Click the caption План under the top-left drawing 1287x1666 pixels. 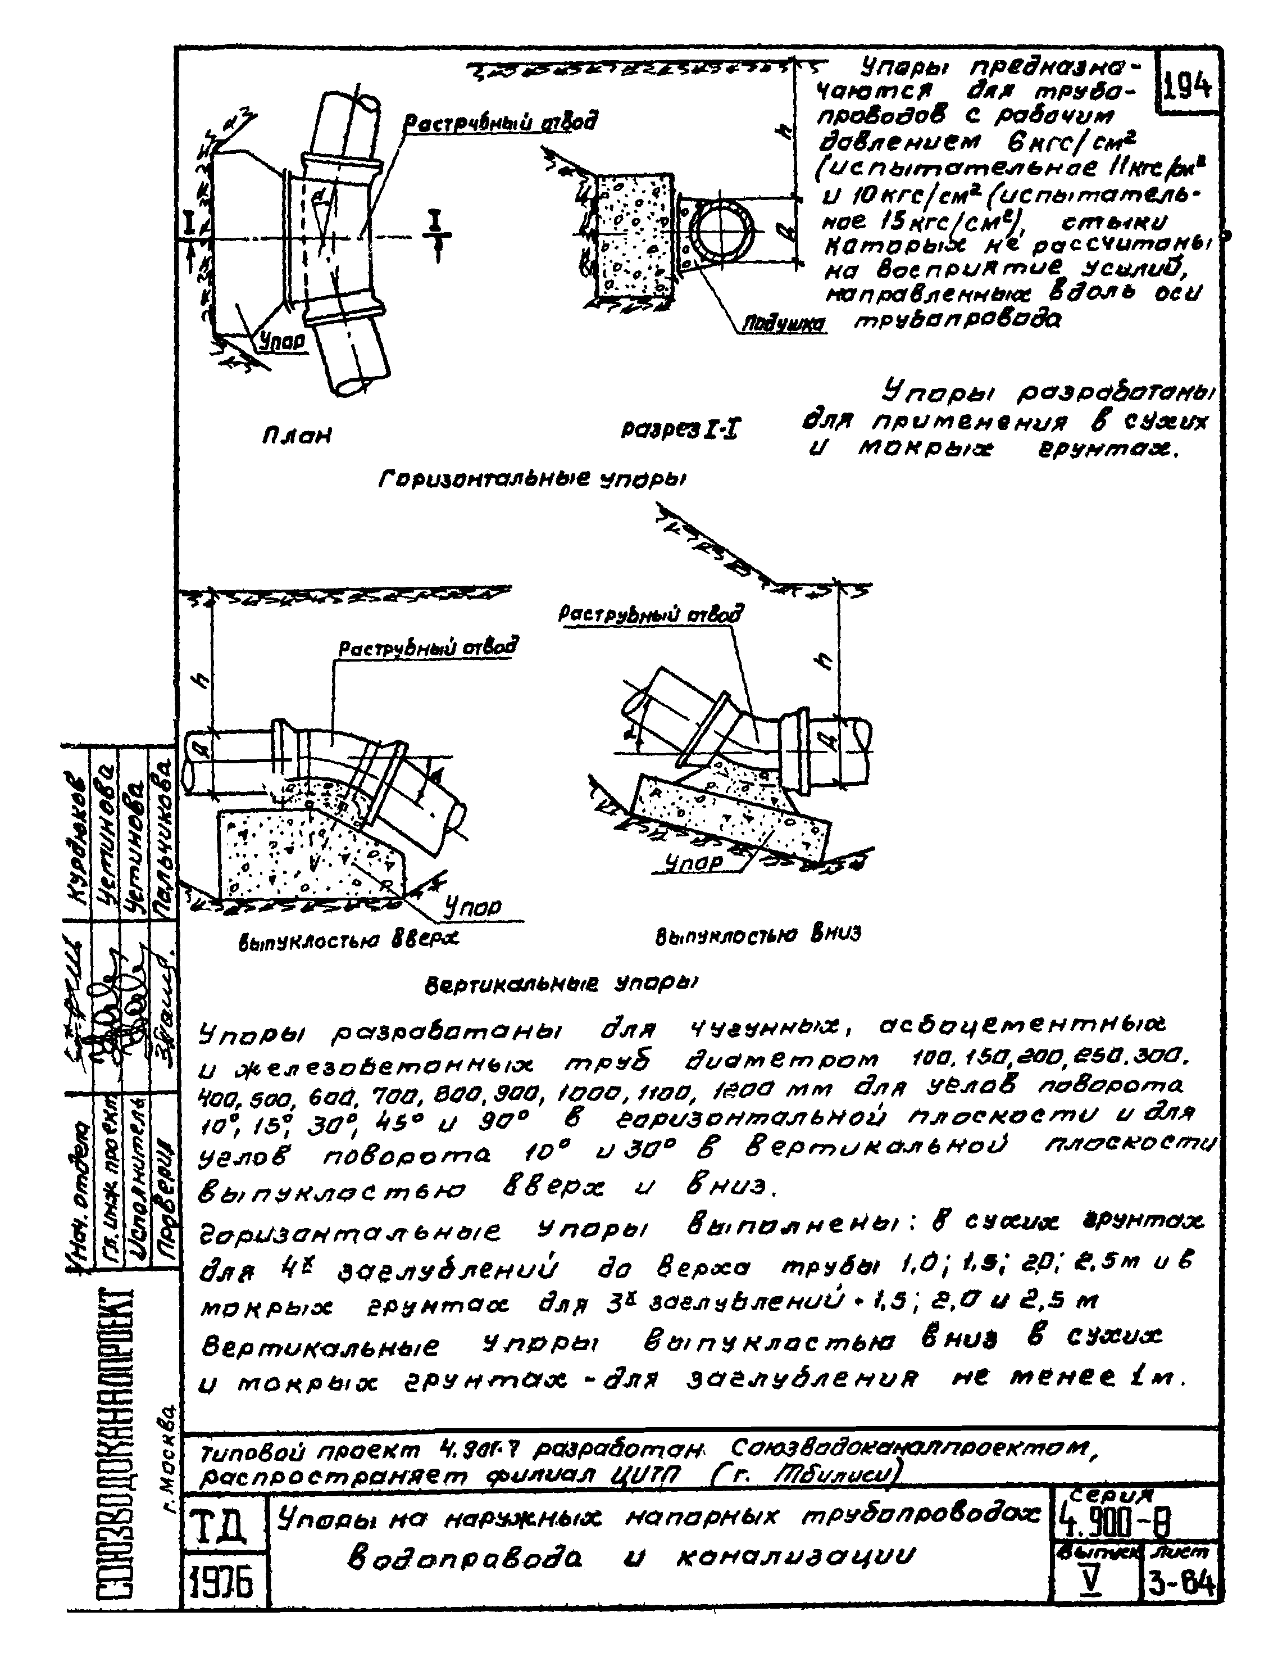coord(297,437)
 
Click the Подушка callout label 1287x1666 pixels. coord(784,324)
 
